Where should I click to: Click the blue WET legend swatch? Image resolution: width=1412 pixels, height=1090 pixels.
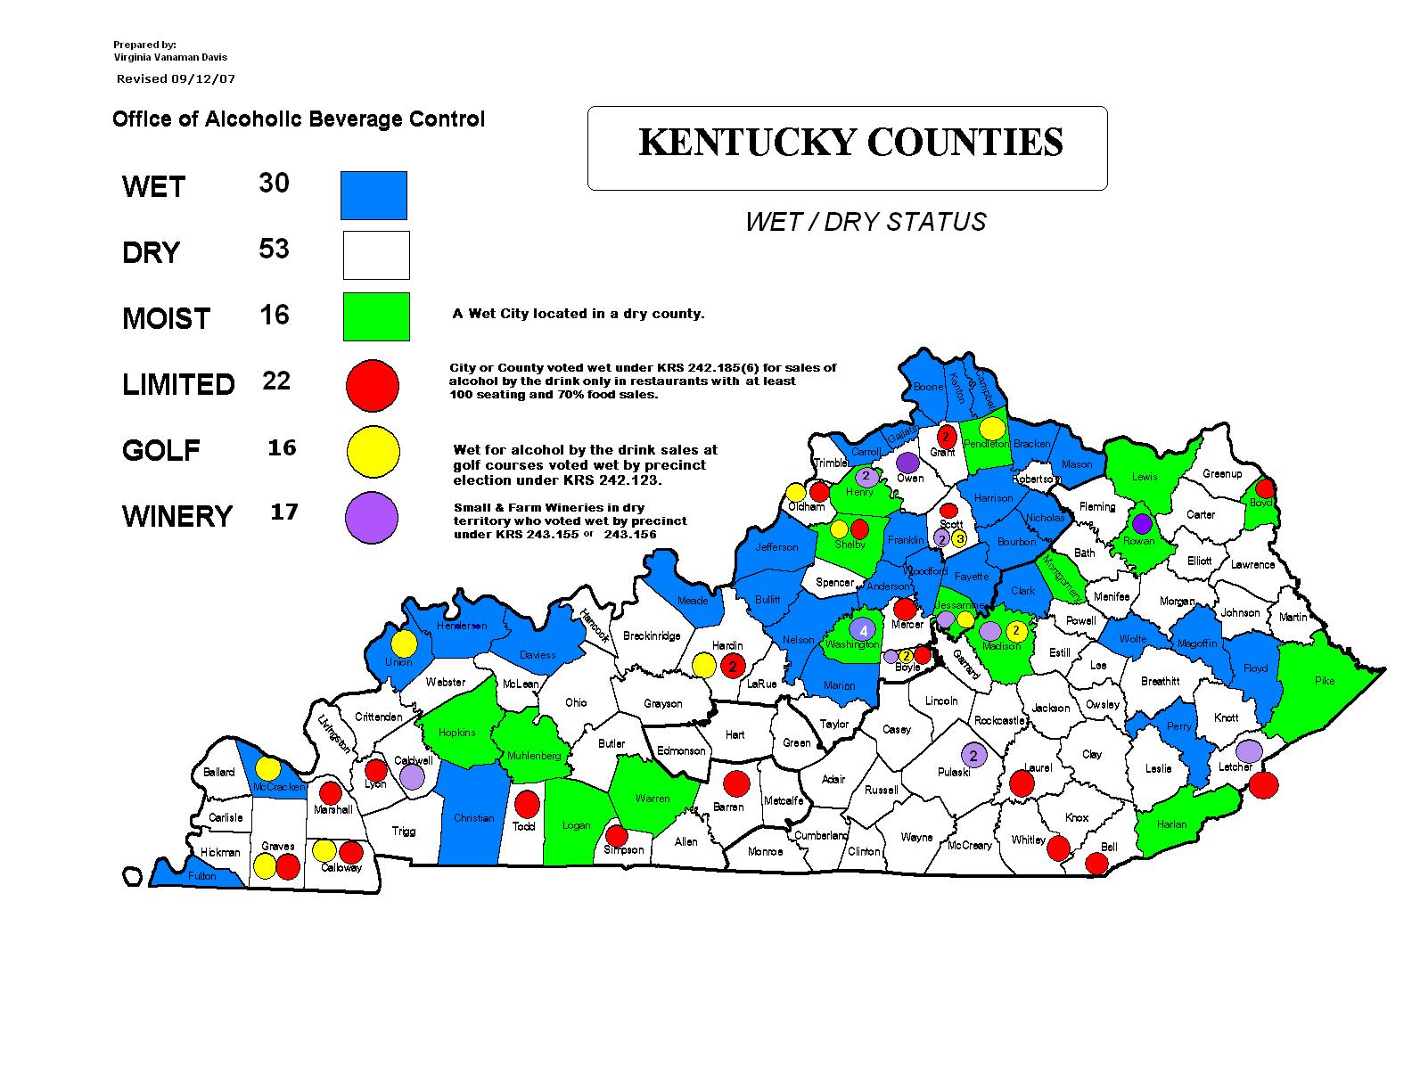374,195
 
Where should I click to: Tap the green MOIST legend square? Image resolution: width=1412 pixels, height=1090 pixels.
376,316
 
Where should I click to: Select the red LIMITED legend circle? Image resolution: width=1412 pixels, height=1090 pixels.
372,385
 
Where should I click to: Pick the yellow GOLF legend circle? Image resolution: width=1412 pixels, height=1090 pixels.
372,452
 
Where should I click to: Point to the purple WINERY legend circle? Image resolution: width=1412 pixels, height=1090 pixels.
371,518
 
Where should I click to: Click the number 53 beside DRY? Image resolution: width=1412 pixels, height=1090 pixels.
274,249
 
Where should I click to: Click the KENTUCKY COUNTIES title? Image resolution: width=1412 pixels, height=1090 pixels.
850,143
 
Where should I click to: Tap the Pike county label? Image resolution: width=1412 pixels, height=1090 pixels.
1325,681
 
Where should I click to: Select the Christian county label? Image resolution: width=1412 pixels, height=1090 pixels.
473,818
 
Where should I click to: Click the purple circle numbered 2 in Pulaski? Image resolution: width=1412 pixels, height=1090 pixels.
973,756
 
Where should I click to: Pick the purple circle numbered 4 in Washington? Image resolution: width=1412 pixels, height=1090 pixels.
863,629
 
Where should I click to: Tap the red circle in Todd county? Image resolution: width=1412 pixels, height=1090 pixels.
527,804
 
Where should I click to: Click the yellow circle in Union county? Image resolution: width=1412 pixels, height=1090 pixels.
404,643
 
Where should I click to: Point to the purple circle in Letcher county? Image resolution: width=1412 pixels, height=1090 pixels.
1249,750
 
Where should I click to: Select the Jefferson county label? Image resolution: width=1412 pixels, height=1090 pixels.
777,547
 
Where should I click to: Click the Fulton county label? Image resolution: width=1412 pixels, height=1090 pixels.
202,876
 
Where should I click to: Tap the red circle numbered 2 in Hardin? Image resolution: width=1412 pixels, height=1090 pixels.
733,665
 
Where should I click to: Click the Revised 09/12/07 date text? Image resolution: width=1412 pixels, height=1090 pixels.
176,78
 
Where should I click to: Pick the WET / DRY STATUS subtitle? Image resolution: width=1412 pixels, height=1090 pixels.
866,222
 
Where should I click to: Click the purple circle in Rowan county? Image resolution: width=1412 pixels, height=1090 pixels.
1142,524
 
